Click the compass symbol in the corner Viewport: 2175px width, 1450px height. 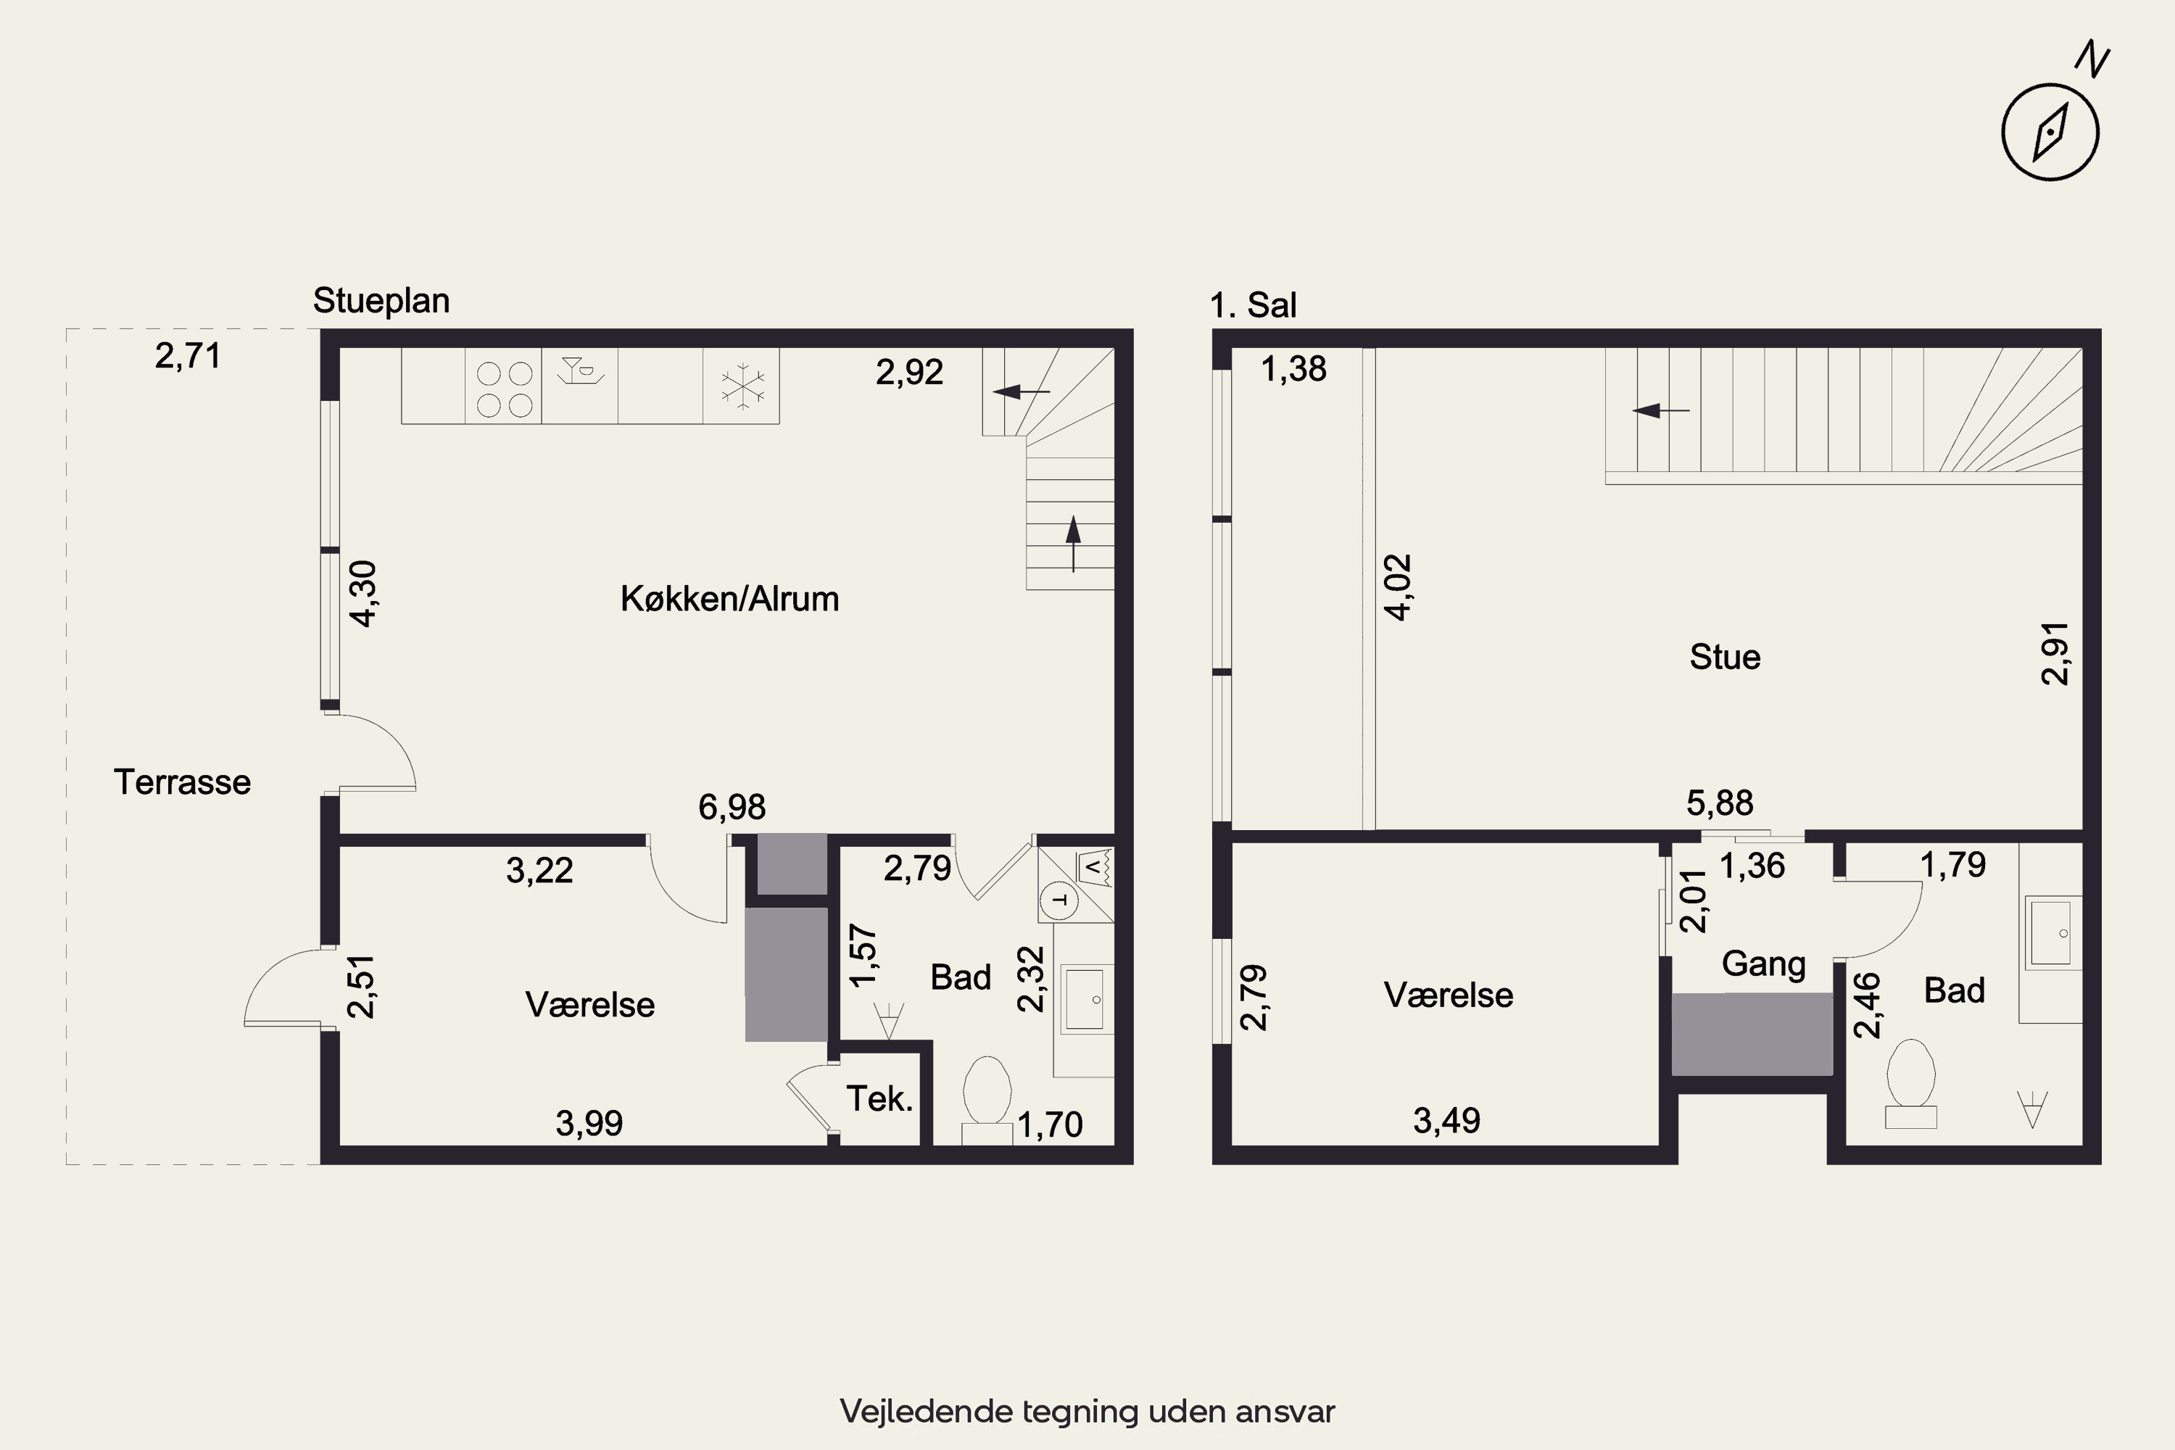pos(2050,131)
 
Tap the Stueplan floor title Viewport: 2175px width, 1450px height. pos(381,301)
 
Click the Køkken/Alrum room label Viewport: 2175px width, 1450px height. pos(729,600)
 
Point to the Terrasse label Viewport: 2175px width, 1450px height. pos(182,782)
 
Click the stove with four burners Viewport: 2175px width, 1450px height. pos(504,389)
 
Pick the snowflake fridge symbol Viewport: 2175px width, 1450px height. pos(742,386)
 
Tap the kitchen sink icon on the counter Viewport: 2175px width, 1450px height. pos(581,370)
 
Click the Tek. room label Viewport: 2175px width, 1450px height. pos(879,1098)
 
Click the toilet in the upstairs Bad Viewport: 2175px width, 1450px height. pos(1910,1083)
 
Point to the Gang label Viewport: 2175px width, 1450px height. pos(1763,964)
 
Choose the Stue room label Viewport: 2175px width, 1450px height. pos(1725,658)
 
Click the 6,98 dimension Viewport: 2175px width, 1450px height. pos(732,808)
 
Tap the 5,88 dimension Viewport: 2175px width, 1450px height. pos(1720,803)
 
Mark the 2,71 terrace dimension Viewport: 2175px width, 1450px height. pos(188,356)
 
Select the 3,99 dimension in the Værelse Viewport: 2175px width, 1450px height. pos(589,1124)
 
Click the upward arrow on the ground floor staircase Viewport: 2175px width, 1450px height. pos(1073,544)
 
